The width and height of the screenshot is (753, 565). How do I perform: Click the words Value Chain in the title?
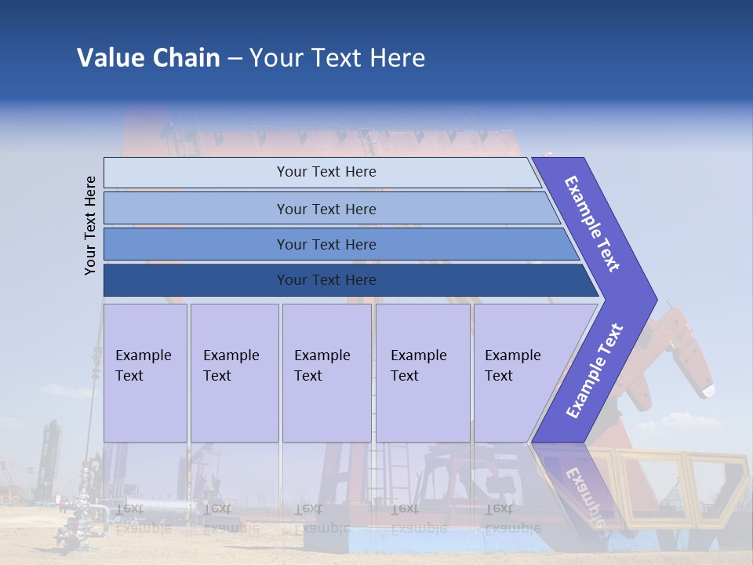(x=148, y=58)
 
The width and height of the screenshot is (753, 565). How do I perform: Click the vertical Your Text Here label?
(x=90, y=225)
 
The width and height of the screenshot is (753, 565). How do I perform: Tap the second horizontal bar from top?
(x=326, y=209)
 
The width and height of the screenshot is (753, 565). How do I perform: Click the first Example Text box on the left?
(x=145, y=373)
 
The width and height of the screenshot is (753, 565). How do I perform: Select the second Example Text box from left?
(x=234, y=373)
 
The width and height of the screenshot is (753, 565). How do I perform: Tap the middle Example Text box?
(x=326, y=373)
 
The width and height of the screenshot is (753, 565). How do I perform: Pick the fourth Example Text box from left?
(x=423, y=373)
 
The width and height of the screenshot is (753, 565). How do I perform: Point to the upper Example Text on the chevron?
(x=592, y=224)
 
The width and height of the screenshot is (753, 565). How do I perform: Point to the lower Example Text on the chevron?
(x=594, y=371)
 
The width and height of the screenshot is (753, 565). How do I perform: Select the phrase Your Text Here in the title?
(x=337, y=58)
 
